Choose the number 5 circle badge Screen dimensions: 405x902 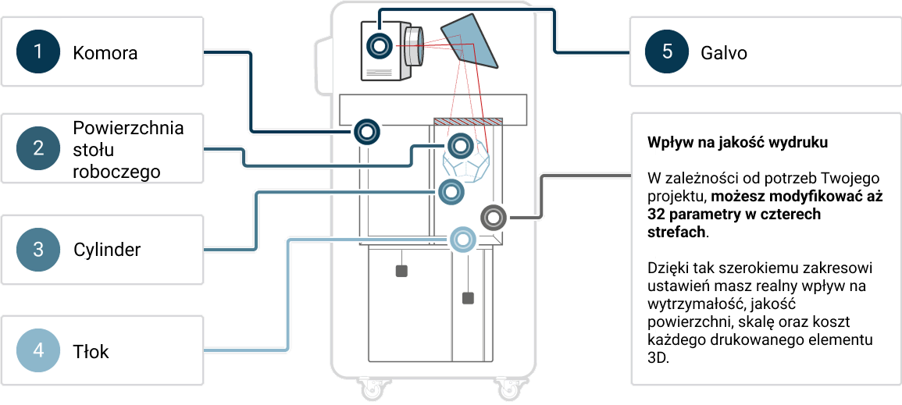point(666,52)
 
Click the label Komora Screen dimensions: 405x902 point(105,53)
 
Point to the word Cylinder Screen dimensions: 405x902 point(107,250)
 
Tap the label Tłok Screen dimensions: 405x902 point(91,351)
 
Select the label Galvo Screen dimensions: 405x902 point(724,53)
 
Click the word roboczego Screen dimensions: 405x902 point(116,171)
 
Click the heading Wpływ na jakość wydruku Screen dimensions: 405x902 point(737,144)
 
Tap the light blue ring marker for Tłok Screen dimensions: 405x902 point(462,239)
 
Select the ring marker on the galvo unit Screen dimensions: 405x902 point(380,47)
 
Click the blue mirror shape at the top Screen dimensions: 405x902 point(472,41)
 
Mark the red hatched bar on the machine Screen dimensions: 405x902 point(467,121)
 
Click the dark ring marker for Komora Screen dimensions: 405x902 point(366,130)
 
